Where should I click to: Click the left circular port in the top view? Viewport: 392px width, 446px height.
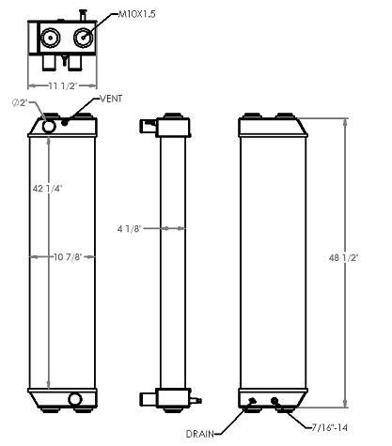[49, 38]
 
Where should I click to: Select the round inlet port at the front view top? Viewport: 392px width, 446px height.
[49, 124]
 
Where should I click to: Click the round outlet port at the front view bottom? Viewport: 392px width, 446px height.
[75, 400]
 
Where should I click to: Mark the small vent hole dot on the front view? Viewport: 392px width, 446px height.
[65, 122]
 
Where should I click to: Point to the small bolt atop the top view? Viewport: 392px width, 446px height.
[84, 12]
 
